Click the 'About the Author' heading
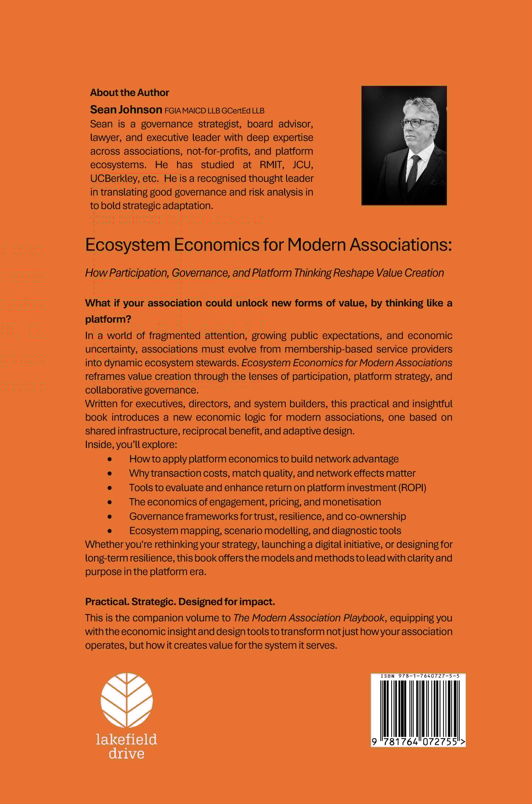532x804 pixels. point(129,93)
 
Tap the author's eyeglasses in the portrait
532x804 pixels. point(417,123)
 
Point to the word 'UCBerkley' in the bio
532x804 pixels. point(113,178)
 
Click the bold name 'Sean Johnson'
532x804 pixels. point(126,110)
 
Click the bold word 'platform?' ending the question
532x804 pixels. point(108,319)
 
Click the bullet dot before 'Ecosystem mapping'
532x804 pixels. point(110,531)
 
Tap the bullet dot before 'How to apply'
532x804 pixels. point(110,459)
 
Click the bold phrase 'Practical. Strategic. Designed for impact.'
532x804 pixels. point(180,602)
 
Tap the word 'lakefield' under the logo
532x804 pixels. point(126,739)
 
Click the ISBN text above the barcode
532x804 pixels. point(420,676)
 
